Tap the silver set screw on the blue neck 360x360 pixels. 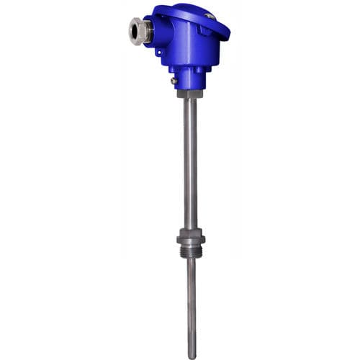click(x=174, y=81)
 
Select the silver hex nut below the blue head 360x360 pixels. click(x=190, y=94)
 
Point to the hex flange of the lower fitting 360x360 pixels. click(x=191, y=238)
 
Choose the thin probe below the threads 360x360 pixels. click(x=192, y=302)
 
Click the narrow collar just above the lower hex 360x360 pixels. click(x=191, y=230)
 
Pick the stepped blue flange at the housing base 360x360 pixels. click(x=189, y=68)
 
